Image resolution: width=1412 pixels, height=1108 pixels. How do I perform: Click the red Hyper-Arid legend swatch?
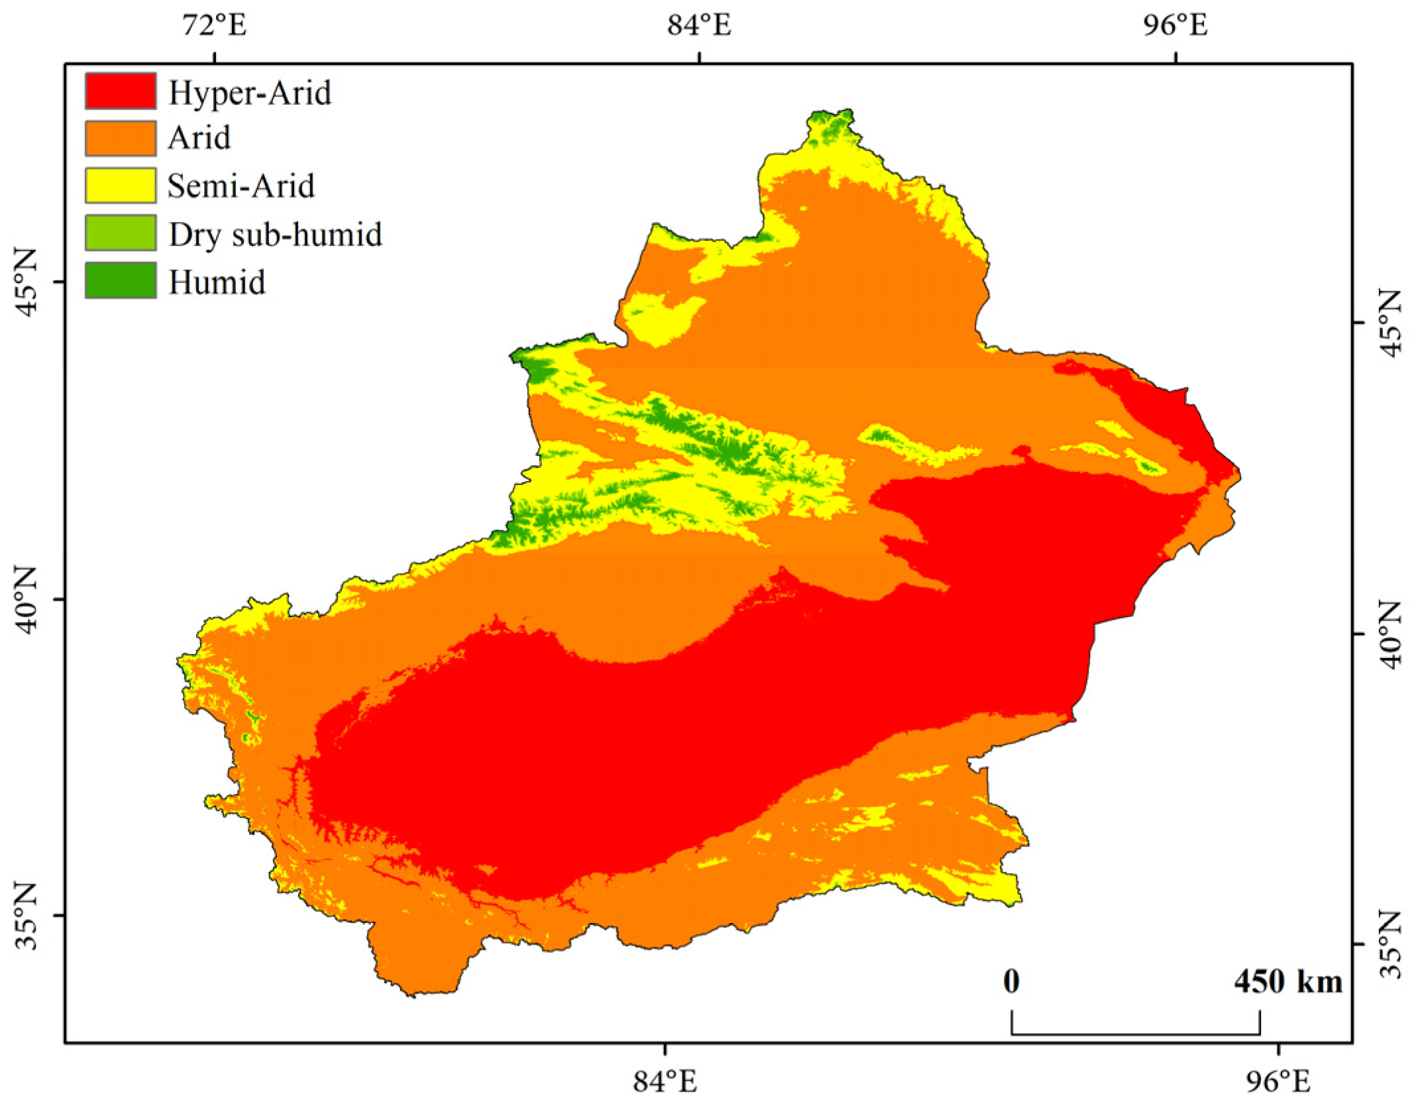(120, 91)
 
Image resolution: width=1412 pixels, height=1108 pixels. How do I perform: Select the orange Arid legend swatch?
(120, 138)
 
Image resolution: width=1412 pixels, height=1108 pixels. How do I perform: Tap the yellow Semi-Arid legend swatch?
(120, 185)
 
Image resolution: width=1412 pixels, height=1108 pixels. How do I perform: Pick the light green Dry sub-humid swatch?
(120, 233)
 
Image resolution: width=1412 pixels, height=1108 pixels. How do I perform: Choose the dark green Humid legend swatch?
(120, 280)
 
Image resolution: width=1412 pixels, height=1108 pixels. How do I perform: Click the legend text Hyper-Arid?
(249, 92)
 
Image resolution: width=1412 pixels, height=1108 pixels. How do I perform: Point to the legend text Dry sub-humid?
(275, 234)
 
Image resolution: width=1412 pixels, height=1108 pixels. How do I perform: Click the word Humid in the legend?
(217, 282)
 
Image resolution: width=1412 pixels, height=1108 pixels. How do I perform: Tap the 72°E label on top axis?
(215, 25)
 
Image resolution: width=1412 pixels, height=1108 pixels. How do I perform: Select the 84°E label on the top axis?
(699, 25)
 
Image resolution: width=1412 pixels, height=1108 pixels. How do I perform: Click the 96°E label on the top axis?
(1175, 25)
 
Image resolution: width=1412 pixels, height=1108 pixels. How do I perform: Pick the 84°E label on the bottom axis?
(665, 1081)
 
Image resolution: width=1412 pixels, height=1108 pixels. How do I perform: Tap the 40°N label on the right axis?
(1389, 634)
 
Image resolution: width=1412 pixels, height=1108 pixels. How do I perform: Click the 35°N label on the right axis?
(1389, 944)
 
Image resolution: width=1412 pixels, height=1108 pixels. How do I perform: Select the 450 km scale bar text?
(1287, 981)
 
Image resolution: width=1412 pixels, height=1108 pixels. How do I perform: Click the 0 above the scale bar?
(1011, 981)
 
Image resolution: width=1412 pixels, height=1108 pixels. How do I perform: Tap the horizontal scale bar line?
(1135, 1033)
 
